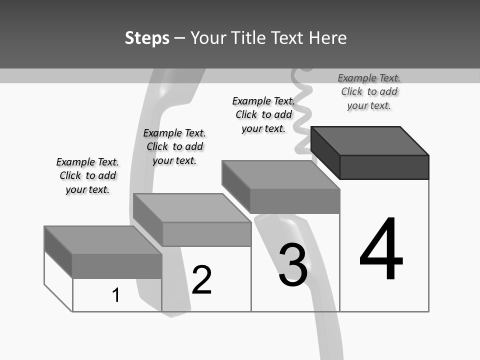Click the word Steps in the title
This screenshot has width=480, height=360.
[x=147, y=38]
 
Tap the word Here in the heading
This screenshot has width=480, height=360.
[x=327, y=38]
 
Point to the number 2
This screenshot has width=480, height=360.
[x=202, y=279]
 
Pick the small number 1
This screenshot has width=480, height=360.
[x=116, y=295]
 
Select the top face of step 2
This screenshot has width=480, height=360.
[x=192, y=207]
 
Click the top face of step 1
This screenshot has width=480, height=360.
[x=103, y=240]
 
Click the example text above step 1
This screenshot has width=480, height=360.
[x=87, y=175]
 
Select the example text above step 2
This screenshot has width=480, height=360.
[x=174, y=146]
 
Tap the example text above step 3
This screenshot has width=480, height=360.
[x=263, y=114]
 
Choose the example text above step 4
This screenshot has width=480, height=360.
[x=369, y=91]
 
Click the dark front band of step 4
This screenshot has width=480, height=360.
[x=384, y=167]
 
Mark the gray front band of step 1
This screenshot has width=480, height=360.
[x=117, y=266]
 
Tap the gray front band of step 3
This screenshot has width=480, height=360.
[x=295, y=201]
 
